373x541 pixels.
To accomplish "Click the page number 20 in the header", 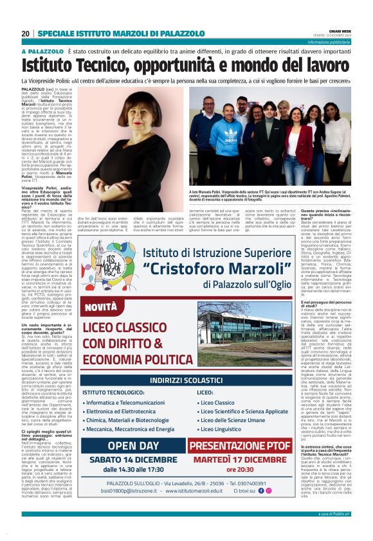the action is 26,33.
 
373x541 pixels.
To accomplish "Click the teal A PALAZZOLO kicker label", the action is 42,51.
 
